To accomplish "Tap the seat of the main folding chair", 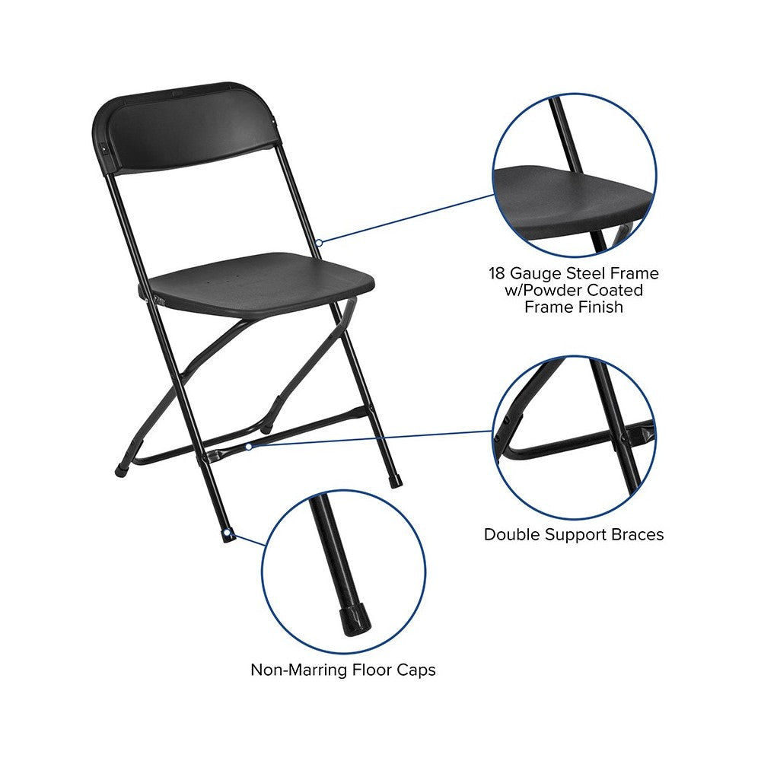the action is [x=261, y=284].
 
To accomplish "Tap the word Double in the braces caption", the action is [x=512, y=534].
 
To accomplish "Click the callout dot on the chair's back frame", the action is [x=319, y=243].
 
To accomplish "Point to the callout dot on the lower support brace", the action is [x=249, y=447].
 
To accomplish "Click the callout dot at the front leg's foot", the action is [x=231, y=536].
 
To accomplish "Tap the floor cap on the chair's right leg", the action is [x=396, y=482].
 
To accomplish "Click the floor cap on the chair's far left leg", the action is [x=119, y=470].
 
